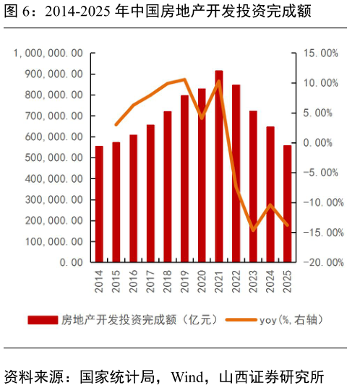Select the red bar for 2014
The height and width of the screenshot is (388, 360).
(99, 204)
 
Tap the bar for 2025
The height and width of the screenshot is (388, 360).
(287, 204)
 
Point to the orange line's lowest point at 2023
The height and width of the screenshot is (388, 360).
(253, 230)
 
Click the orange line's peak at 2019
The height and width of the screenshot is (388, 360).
(184, 79)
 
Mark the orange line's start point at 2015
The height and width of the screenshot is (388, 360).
(116, 125)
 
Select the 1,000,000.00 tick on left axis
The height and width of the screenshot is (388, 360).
(48, 53)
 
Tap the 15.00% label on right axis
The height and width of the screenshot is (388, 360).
(320, 53)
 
